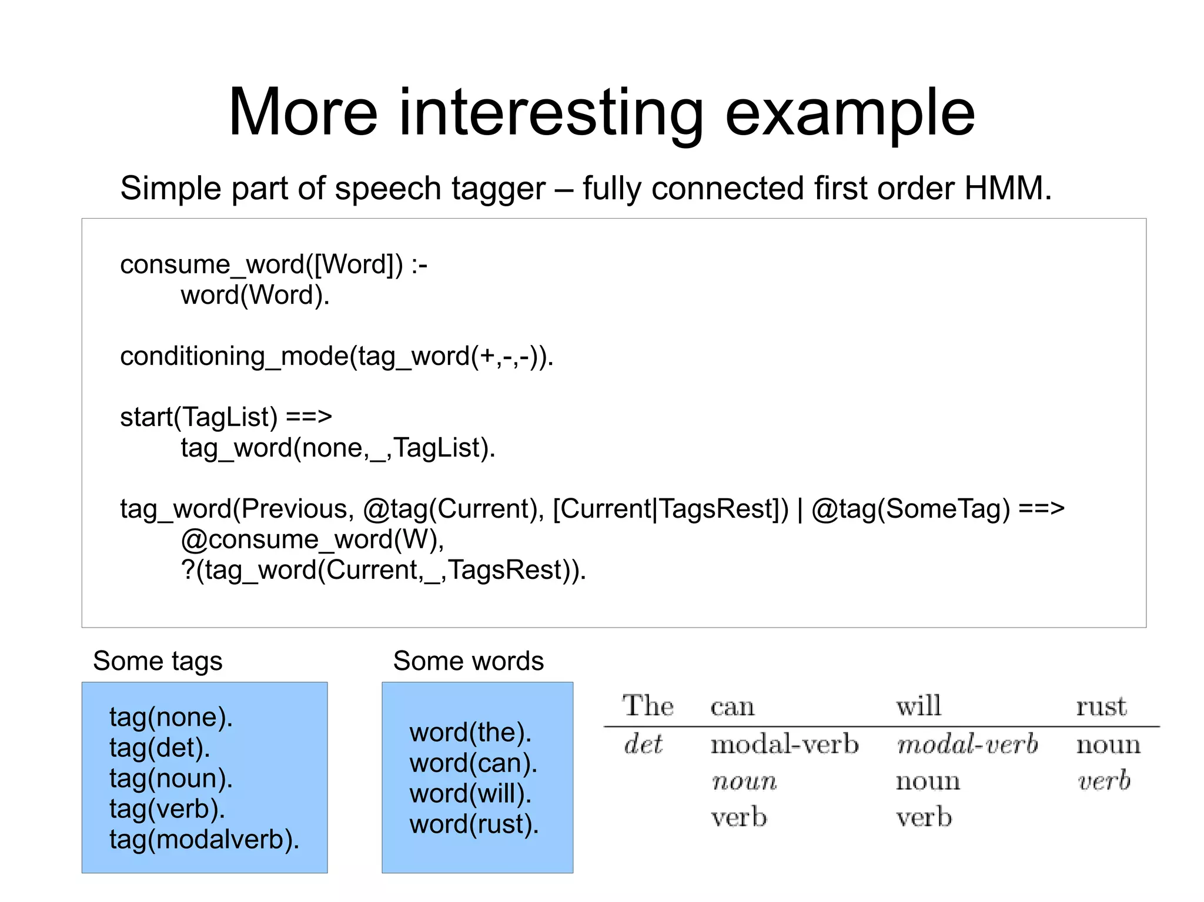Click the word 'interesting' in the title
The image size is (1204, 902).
point(551,113)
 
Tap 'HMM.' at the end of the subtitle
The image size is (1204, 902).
point(1008,189)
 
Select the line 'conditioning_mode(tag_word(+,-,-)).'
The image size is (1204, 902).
point(337,357)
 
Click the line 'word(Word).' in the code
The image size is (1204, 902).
point(255,295)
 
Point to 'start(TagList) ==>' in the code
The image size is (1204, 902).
point(226,417)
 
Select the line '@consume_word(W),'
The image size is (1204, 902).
point(312,539)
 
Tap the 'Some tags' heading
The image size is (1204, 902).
point(158,661)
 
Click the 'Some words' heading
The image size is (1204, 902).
point(468,661)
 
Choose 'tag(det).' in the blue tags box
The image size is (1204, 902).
point(159,748)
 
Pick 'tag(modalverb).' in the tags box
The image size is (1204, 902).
point(204,840)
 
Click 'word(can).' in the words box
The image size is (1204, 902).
point(473,763)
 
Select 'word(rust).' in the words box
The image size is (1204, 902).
point(474,824)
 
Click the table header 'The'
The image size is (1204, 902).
point(647,706)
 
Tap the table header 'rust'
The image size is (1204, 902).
point(1101,706)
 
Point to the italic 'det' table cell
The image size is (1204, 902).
point(643,745)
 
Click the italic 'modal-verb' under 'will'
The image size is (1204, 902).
point(967,745)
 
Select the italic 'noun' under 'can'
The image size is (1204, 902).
point(744,782)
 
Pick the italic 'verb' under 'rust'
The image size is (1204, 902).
point(1103,781)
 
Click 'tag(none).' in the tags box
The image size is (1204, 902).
point(171,717)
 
